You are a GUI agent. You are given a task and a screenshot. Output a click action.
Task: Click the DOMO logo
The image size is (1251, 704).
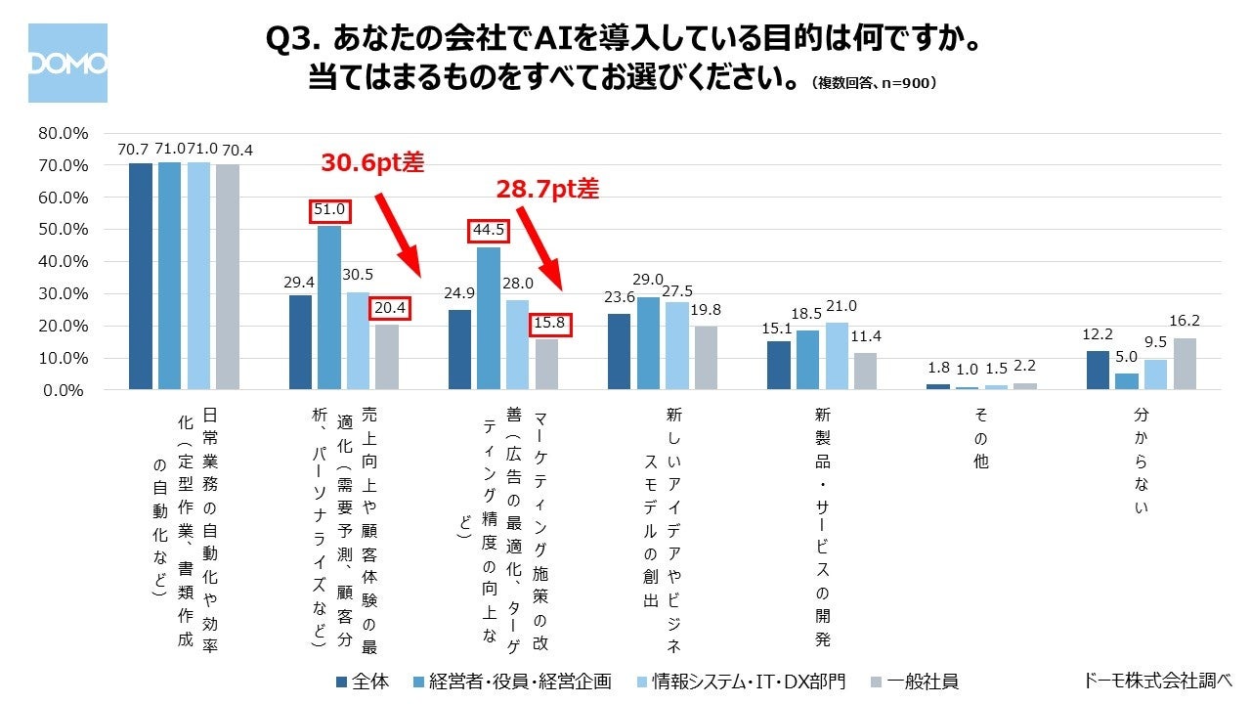(67, 64)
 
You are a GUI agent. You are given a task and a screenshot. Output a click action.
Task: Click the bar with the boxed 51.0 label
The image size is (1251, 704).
(329, 307)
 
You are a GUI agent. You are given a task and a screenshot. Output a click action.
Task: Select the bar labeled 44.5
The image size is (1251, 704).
(489, 318)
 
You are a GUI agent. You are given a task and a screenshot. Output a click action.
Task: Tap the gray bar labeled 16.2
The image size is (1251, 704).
(1185, 364)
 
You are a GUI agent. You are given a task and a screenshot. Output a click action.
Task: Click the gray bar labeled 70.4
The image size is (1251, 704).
(228, 277)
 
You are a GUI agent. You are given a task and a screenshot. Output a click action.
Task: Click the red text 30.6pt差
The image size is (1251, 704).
(372, 163)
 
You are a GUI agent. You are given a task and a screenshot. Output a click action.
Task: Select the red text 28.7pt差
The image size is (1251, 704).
(547, 189)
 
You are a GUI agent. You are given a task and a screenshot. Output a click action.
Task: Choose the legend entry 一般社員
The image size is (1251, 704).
(917, 682)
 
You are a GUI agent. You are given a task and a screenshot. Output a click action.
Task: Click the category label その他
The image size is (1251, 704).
(980, 440)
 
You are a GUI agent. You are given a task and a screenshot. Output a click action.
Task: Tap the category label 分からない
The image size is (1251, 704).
(1141, 461)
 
